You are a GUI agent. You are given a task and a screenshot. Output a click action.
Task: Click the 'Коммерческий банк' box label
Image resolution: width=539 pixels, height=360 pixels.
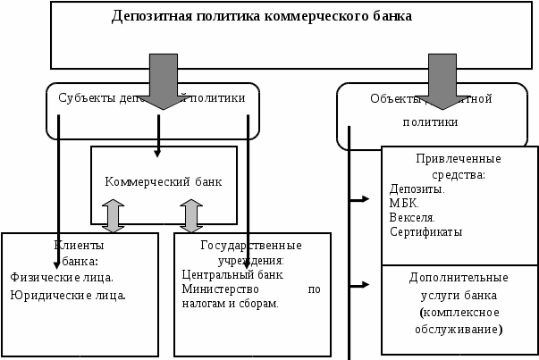click(164, 181)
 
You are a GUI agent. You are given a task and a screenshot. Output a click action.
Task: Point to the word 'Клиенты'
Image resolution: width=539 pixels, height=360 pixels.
click(80, 245)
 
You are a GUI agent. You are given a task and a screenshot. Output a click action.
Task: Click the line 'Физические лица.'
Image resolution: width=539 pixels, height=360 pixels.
click(62, 277)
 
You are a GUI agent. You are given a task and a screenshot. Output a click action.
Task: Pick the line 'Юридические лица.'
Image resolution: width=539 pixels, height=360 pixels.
click(68, 294)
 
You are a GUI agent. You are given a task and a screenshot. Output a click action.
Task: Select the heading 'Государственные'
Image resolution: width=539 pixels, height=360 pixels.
click(251, 245)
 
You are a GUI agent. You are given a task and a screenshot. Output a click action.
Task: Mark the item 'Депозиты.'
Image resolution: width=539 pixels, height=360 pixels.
click(417, 188)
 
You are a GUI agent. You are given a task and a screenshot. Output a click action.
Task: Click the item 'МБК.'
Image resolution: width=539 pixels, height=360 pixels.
click(404, 203)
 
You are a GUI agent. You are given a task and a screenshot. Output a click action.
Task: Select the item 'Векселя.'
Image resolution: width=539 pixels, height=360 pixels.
click(413, 217)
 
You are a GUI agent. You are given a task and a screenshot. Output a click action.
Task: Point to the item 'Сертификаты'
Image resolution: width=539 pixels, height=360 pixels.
click(425, 231)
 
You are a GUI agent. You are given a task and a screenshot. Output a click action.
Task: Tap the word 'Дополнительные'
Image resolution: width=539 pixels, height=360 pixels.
click(459, 278)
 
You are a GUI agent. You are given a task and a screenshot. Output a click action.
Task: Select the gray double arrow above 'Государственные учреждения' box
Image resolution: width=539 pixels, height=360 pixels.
click(191, 216)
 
